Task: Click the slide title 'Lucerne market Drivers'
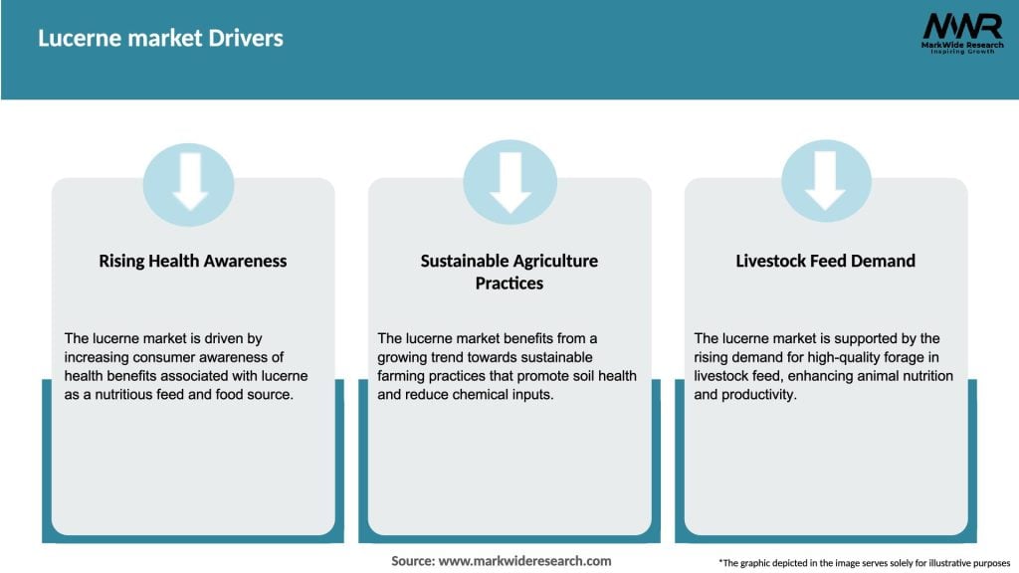point(160,39)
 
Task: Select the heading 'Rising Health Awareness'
point(192,261)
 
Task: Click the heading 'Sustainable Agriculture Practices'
point(509,272)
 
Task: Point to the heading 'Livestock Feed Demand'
point(825,261)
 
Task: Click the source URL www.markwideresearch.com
point(524,561)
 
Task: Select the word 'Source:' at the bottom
point(412,561)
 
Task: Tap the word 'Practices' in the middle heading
point(509,284)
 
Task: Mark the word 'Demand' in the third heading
point(885,261)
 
